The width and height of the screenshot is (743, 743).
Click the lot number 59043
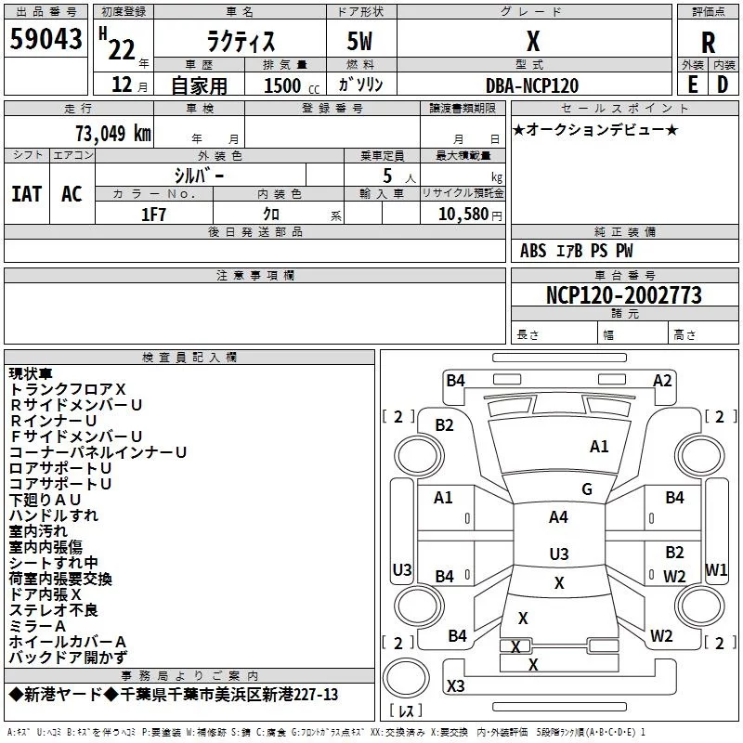46,39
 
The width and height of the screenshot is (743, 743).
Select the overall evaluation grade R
708,43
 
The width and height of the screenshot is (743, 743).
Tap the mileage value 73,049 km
113,133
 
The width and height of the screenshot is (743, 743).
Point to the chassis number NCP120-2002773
624,294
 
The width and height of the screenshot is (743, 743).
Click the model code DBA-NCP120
532,85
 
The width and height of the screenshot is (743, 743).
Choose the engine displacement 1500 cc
292,85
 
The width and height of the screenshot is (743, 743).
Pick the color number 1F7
153,215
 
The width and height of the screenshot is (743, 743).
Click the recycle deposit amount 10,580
463,215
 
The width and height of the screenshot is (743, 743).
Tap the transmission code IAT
27,194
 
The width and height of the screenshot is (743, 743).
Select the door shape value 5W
359,41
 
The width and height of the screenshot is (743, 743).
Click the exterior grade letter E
693,85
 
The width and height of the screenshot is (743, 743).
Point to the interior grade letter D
723,85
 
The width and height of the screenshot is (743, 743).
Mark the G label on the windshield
587,489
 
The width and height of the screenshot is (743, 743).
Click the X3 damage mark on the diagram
455,685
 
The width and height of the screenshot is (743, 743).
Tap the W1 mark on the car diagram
716,569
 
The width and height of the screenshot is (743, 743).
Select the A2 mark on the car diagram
662,381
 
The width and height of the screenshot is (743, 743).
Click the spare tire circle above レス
406,678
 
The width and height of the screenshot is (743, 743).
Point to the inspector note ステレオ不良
54,610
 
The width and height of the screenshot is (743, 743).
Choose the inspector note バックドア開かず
68,658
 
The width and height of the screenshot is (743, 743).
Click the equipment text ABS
533,251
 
